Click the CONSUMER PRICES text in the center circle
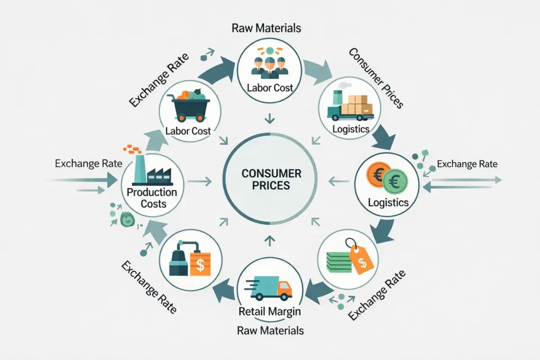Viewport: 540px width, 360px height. [271, 179]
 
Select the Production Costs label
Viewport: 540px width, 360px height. [152, 198]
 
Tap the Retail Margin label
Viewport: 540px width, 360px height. [270, 311]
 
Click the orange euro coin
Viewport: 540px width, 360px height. [378, 175]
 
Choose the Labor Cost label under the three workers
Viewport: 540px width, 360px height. [270, 87]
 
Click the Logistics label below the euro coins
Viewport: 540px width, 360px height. [388, 202]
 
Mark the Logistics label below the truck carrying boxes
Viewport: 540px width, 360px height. [351, 130]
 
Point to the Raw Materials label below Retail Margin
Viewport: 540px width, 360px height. [270, 331]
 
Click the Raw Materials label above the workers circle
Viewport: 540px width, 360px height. [266, 28]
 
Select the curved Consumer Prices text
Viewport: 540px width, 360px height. [376, 77]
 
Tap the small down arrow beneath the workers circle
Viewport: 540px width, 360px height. [270, 119]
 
